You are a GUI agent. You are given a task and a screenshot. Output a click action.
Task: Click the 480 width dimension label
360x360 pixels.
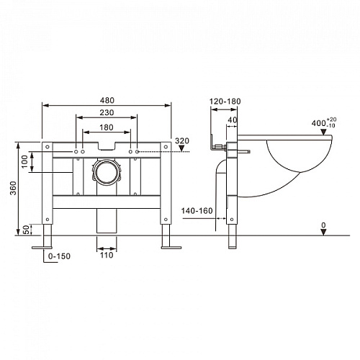[107, 100]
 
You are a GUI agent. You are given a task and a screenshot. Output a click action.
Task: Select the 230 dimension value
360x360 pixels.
[107, 112]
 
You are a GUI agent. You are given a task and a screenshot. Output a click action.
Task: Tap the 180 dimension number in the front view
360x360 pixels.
[107, 127]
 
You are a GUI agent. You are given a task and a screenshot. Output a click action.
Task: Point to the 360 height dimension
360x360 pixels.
[13, 188]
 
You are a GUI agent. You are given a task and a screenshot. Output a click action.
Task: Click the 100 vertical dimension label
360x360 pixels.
[24, 162]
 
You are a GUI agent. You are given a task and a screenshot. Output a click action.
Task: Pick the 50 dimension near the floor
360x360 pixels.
[27, 230]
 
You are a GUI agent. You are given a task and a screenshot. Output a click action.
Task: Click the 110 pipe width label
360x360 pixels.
[107, 255]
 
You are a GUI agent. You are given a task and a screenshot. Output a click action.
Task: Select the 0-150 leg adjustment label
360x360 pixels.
[59, 256]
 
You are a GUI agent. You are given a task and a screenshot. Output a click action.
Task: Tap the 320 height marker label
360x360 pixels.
[182, 140]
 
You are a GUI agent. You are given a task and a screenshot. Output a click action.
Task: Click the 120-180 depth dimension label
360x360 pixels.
[225, 102]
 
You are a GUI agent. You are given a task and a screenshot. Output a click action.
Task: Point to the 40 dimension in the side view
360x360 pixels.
[233, 120]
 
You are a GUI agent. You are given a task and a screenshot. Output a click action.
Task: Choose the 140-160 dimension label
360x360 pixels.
[197, 211]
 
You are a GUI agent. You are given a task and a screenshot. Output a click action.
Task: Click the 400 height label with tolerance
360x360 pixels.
[324, 122]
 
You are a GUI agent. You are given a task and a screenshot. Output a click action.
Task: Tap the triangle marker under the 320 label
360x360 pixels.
[181, 148]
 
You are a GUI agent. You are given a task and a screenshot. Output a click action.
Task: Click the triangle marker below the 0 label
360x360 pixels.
[323, 232]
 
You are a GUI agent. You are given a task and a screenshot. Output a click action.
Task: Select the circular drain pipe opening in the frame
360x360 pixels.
[107, 172]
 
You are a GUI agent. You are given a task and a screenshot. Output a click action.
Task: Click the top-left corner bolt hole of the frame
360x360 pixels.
[48, 147]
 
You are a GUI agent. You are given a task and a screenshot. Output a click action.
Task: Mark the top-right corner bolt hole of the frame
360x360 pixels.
[166, 147]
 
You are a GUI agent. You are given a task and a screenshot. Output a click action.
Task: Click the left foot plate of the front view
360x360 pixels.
[42, 248]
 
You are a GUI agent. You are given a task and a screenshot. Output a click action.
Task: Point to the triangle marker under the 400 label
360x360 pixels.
[323, 132]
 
